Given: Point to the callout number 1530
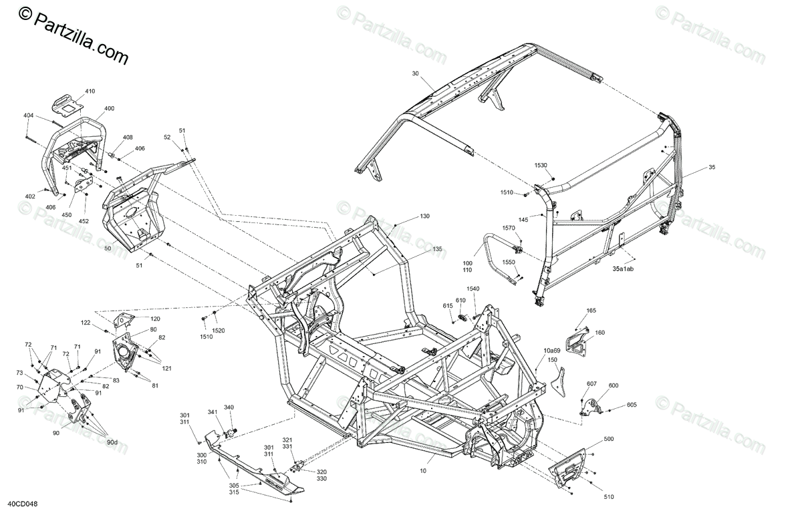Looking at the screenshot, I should click(x=540, y=165).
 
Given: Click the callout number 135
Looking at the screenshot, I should click(x=438, y=249).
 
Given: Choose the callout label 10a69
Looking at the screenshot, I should click(x=552, y=350).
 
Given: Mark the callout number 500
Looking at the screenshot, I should click(x=608, y=439).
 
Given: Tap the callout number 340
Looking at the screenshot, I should click(x=229, y=407).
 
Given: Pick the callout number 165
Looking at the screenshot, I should click(x=591, y=311).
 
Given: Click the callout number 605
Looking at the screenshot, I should click(x=632, y=405).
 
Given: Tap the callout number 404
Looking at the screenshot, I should click(x=28, y=116).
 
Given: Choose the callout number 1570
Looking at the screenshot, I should click(x=509, y=228).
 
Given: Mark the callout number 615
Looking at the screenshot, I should click(x=448, y=305).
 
